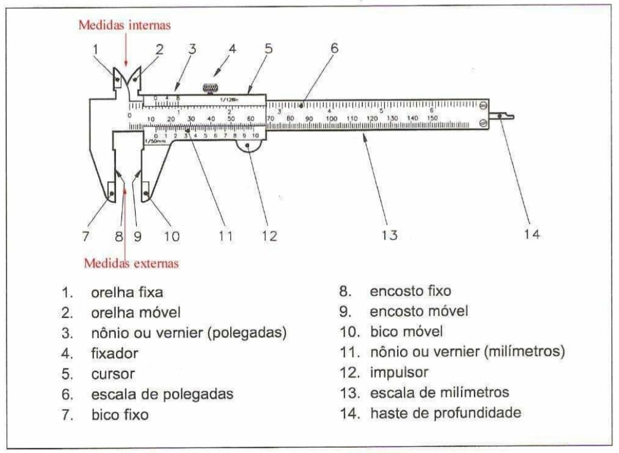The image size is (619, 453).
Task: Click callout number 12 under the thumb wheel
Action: click(269, 236)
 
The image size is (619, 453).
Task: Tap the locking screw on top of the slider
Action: click(210, 89)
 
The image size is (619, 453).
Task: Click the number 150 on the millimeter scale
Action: click(432, 118)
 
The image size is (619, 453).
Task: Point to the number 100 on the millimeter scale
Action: click(331, 118)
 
